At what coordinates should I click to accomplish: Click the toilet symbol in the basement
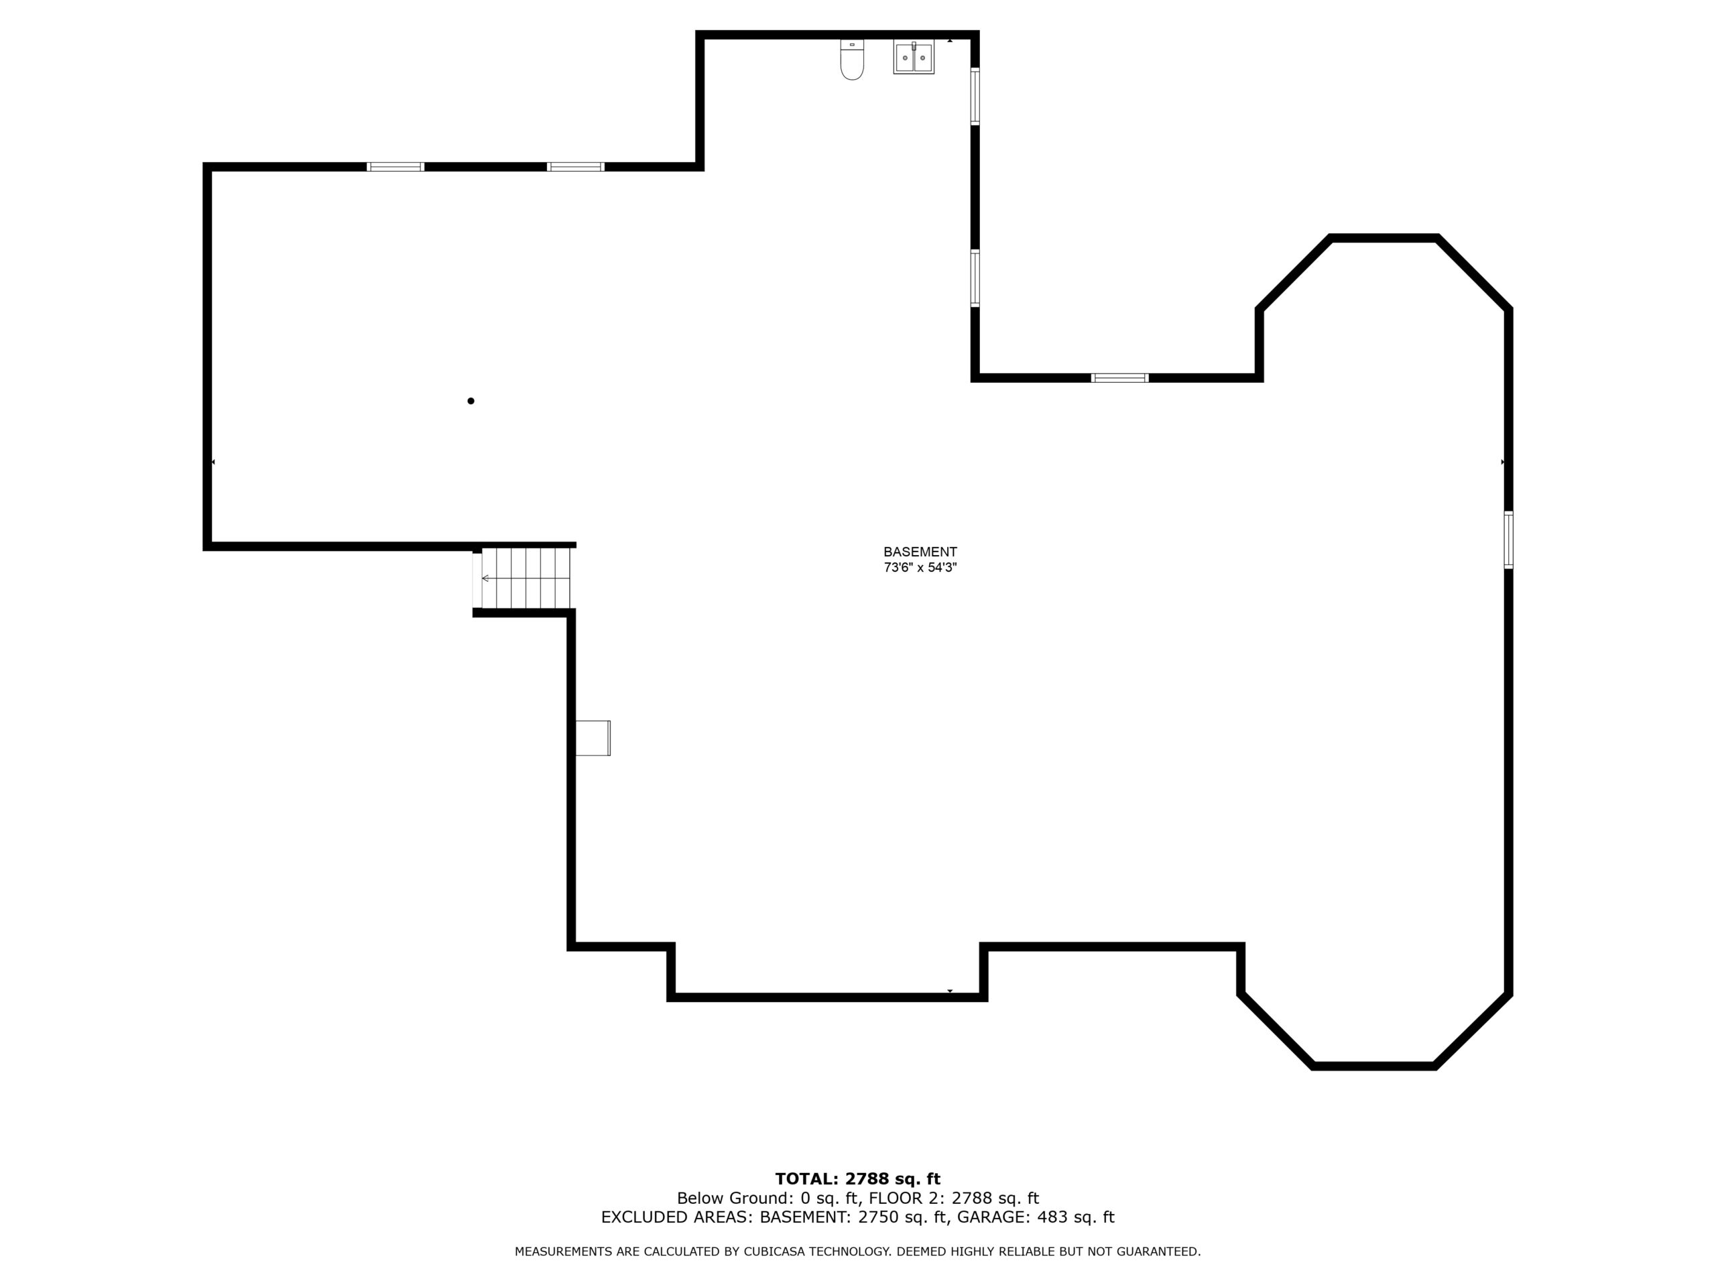[852, 60]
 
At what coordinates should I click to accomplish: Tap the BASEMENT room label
[920, 552]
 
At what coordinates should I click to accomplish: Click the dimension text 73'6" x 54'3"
[920, 567]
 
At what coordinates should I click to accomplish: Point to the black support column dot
[471, 401]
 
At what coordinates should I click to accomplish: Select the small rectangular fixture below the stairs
[593, 738]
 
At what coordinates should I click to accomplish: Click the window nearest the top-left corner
[395, 167]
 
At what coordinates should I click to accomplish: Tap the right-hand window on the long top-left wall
[576, 167]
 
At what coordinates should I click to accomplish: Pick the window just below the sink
[975, 97]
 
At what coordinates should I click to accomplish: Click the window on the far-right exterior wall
[1508, 540]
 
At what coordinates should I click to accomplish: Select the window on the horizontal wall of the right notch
[1119, 378]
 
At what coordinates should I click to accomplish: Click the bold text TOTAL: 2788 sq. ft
[858, 1180]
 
